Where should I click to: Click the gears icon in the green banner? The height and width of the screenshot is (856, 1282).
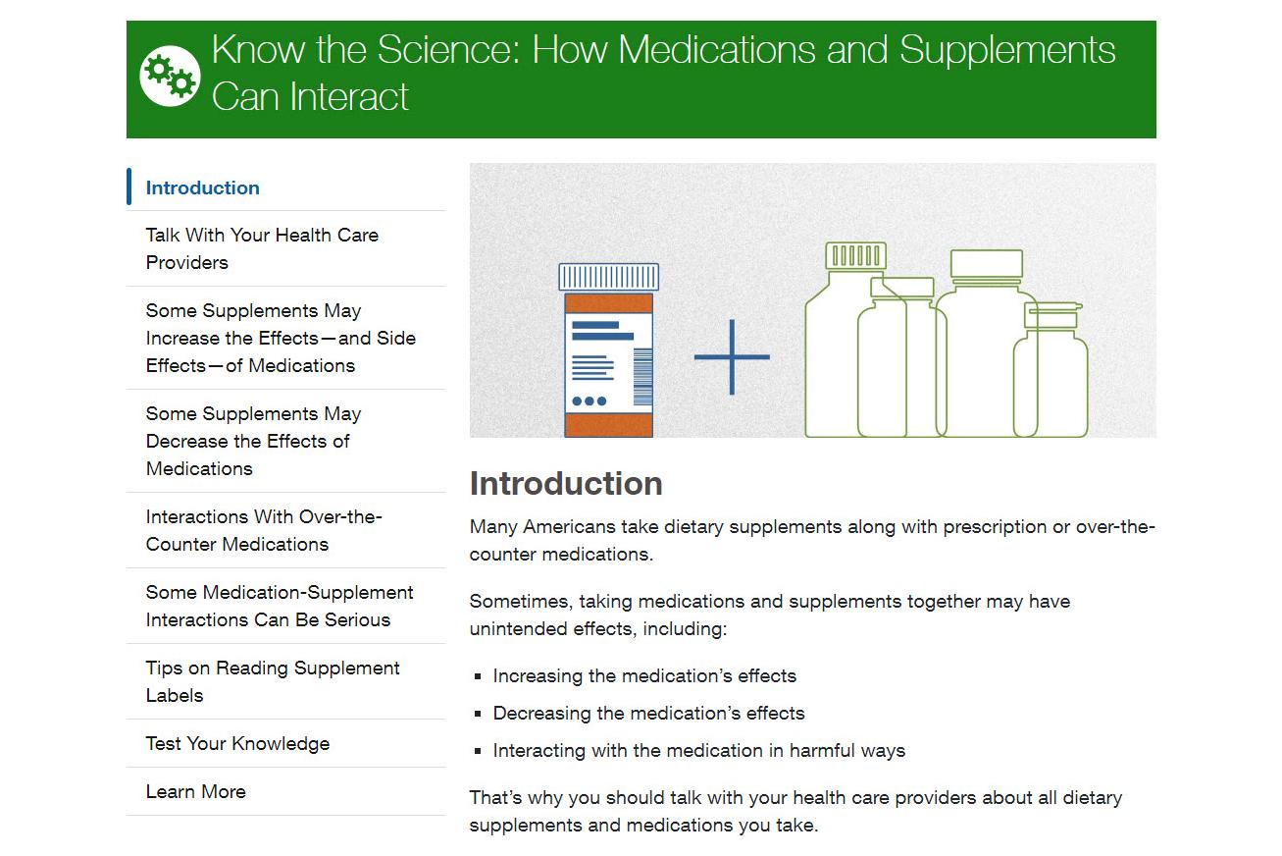[x=170, y=76]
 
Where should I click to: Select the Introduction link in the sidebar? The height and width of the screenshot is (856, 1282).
[x=203, y=187]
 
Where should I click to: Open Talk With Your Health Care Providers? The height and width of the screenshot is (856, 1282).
[x=262, y=248]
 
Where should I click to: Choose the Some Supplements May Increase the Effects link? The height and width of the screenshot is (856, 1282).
[x=281, y=338]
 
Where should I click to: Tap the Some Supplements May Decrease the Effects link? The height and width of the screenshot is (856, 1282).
[x=253, y=441]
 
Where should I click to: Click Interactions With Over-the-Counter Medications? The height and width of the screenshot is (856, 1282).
[x=263, y=530]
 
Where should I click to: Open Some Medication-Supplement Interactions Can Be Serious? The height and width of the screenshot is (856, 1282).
[x=280, y=606]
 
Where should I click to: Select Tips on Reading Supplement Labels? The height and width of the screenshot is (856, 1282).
[x=273, y=681]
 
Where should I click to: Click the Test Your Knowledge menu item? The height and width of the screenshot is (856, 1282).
[x=237, y=743]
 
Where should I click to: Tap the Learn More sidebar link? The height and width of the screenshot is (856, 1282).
[x=196, y=791]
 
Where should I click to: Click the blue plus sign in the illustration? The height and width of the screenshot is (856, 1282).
[x=732, y=357]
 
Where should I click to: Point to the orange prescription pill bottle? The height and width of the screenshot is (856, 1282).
[x=608, y=363]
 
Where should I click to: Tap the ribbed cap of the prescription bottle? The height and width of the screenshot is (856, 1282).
[x=608, y=277]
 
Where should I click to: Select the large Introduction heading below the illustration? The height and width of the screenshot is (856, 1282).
[x=566, y=483]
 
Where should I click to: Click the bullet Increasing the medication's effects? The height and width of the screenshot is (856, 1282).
[x=644, y=675]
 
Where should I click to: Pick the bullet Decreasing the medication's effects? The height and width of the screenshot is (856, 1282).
[x=648, y=713]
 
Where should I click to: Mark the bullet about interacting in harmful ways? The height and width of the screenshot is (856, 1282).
[x=698, y=750]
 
